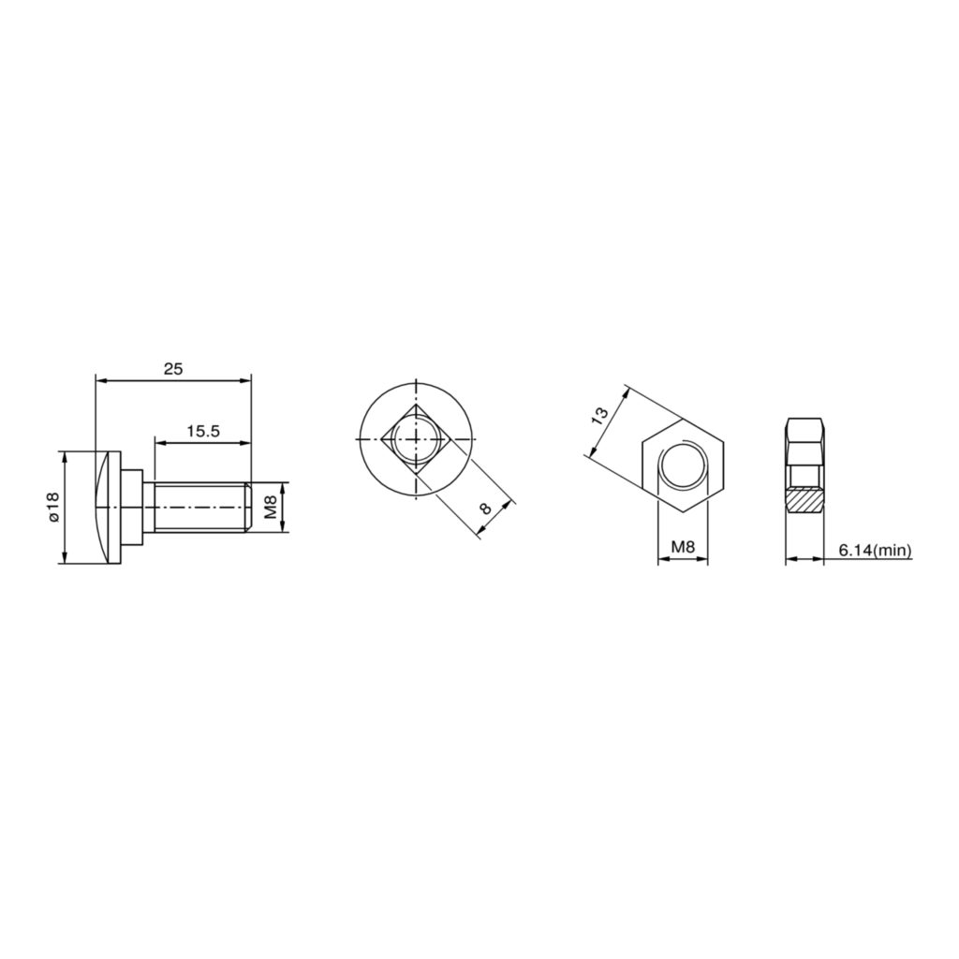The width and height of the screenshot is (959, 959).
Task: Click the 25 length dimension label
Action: click(x=173, y=369)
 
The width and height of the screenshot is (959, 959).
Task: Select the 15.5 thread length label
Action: click(x=202, y=431)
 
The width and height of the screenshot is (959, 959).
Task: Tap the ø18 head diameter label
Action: click(x=52, y=507)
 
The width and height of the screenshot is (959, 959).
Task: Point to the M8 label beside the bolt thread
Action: click(x=271, y=507)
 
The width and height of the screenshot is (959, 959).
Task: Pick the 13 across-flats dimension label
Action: click(x=600, y=417)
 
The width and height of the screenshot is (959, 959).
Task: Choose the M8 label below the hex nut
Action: click(x=683, y=547)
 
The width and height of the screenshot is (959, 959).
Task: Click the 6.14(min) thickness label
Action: click(x=876, y=550)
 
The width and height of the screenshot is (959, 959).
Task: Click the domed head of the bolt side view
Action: click(x=108, y=507)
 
